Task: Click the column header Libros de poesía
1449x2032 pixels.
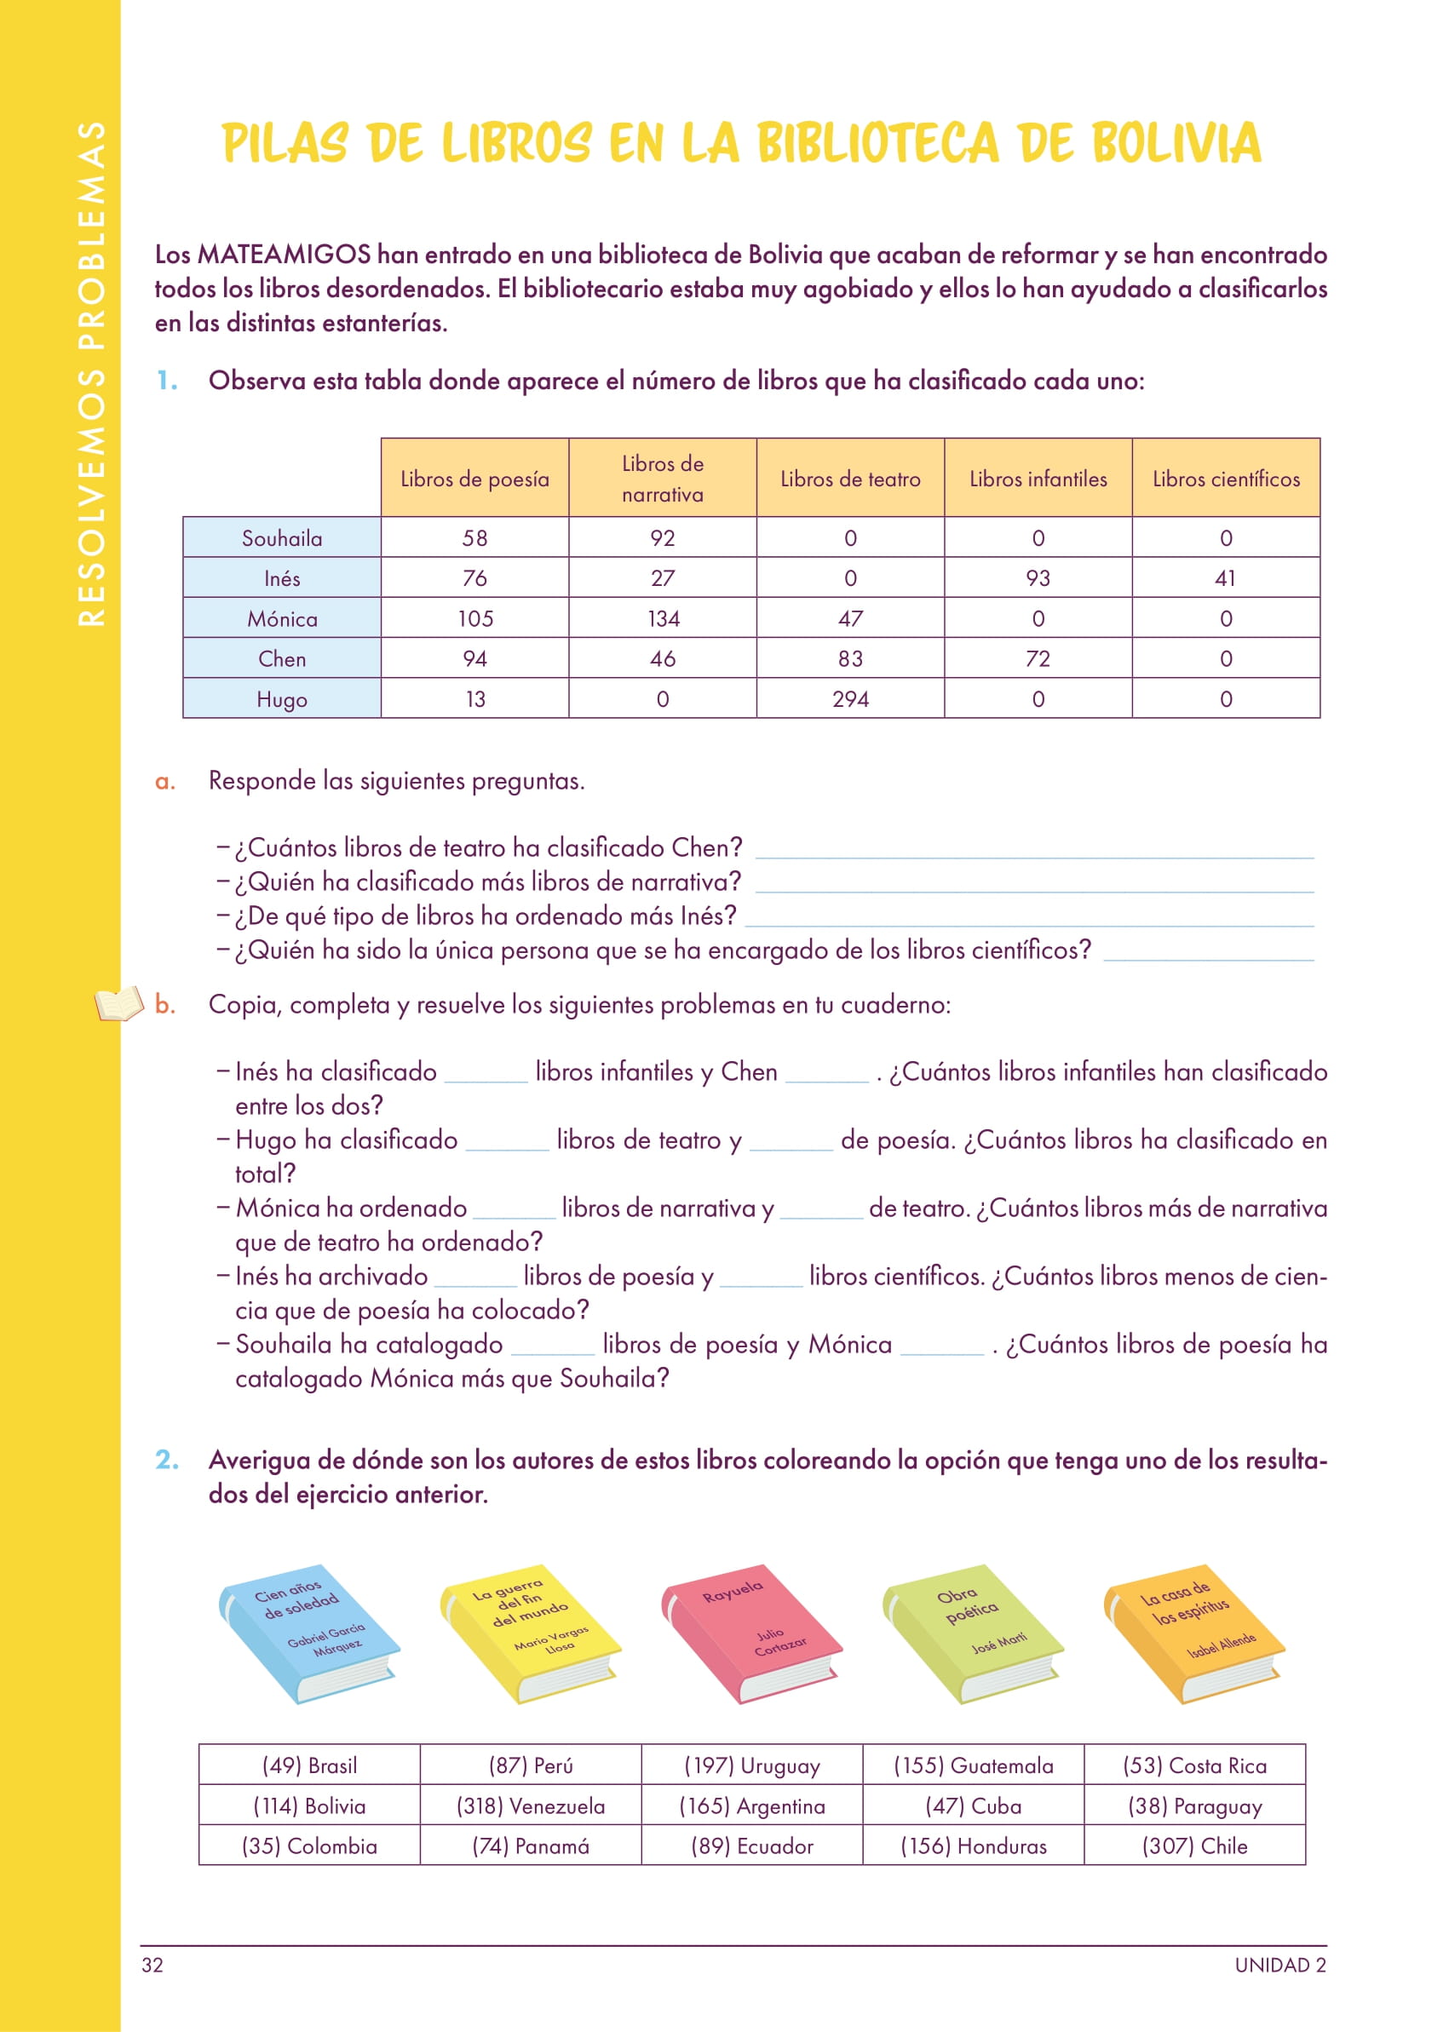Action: coord(474,478)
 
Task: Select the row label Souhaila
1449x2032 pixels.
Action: coord(282,538)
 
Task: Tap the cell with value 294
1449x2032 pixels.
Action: coord(849,698)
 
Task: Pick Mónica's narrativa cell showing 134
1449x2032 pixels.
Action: coord(662,618)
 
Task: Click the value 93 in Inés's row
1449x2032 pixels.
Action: coord(1038,578)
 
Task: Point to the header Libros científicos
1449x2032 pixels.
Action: coord(1225,478)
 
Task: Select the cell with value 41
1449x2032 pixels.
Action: coord(1225,578)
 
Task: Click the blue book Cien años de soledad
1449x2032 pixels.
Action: coord(308,1633)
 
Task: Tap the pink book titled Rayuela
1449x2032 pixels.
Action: coord(750,1633)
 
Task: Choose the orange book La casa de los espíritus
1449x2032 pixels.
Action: coord(1193,1633)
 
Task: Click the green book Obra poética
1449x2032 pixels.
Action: coord(972,1633)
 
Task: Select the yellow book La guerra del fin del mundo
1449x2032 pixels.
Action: coord(529,1633)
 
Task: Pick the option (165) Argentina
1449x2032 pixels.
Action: coord(751,1805)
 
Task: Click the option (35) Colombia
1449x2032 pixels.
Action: coord(308,1845)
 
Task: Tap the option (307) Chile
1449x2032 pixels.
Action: coord(1193,1845)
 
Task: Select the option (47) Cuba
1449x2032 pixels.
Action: coord(973,1805)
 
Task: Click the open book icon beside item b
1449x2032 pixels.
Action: coord(118,1003)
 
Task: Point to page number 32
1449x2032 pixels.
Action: coord(152,1965)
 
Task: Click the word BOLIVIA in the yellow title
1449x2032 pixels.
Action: coord(1176,143)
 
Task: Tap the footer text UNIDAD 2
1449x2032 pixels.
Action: coord(1279,1965)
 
